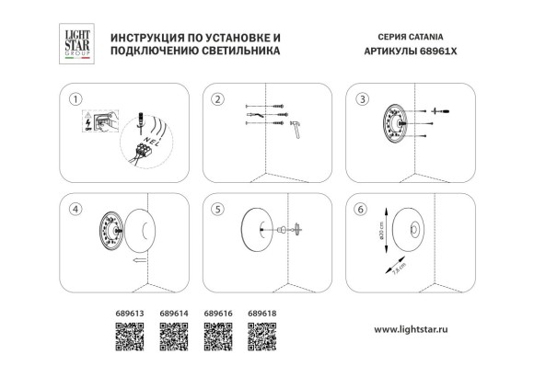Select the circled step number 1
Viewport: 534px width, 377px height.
[76, 98]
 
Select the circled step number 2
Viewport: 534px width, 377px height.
[218, 98]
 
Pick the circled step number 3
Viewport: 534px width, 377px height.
[362, 98]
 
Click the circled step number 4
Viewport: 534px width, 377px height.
[76, 209]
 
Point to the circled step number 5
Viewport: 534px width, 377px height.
[218, 209]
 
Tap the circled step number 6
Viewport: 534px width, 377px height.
[362, 209]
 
